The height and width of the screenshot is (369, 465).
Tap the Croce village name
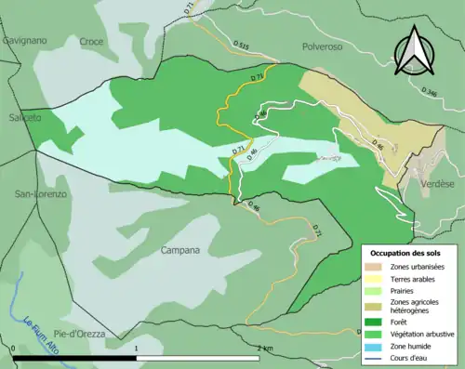pos(91,42)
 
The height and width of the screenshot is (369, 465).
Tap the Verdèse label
pos(436,183)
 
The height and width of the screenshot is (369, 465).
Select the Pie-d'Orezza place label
pos(78,333)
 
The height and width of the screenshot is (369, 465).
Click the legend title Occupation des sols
pos(406,253)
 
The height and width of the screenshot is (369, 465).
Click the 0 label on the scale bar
pos(16,348)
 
